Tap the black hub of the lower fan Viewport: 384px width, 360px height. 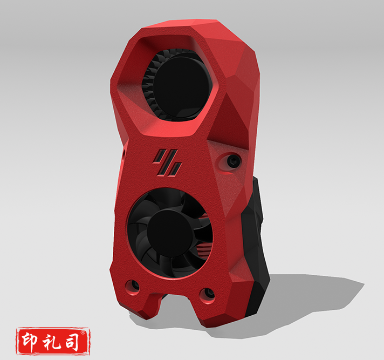click(x=171, y=233)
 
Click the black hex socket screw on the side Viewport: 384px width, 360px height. click(x=232, y=160)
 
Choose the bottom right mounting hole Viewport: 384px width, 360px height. click(x=206, y=295)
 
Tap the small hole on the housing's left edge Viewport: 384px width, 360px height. click(x=124, y=154)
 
